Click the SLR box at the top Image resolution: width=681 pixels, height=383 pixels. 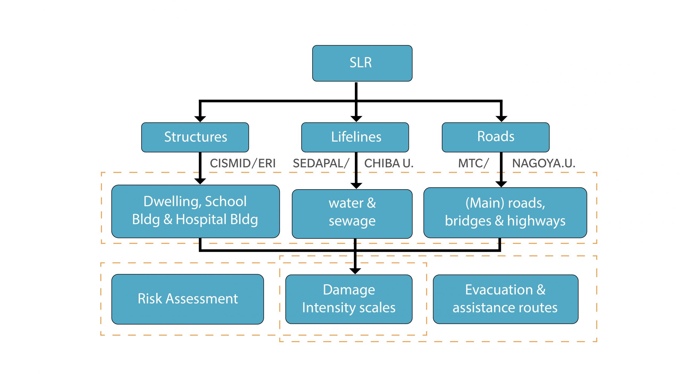point(362,63)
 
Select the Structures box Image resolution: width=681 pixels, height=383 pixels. point(195,137)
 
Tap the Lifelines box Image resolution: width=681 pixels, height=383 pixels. point(355,137)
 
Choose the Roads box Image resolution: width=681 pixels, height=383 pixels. point(495,137)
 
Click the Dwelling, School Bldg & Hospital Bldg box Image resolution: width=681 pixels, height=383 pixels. point(195,211)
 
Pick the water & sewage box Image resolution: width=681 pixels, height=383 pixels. point(352,214)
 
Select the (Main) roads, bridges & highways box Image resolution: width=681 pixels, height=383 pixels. point(505,212)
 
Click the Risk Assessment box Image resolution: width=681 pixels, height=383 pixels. point(188,299)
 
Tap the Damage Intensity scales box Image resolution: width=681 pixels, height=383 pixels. point(348,299)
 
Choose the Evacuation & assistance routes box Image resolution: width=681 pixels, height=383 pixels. point(505,299)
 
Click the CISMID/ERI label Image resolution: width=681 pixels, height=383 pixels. point(243,163)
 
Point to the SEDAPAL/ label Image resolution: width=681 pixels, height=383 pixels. point(321,163)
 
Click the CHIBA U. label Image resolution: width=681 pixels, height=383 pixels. point(389,163)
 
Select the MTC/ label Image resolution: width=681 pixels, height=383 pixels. point(473,163)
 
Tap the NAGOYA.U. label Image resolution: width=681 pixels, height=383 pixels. point(543,163)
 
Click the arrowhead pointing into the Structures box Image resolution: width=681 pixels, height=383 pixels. point(200,119)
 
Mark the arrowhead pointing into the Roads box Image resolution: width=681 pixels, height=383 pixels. point(501,119)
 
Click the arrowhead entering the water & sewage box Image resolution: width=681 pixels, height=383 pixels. point(356,186)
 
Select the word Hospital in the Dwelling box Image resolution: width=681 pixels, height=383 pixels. point(201,220)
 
